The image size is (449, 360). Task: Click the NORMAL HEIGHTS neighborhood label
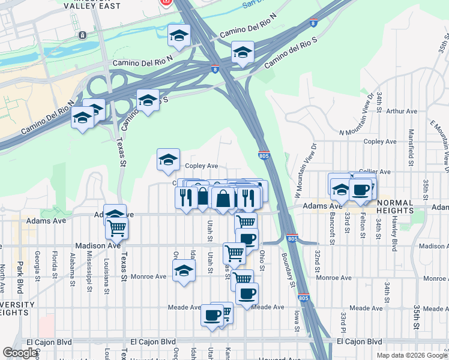(x=395, y=211)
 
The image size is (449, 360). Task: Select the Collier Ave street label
(x=375, y=171)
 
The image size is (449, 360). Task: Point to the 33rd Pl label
(x=343, y=326)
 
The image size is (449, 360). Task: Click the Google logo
(x=20, y=353)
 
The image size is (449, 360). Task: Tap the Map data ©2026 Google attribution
(x=411, y=355)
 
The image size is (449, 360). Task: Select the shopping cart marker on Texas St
(x=116, y=227)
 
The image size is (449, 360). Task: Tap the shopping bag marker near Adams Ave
(x=222, y=197)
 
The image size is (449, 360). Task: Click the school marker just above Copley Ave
(x=168, y=159)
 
